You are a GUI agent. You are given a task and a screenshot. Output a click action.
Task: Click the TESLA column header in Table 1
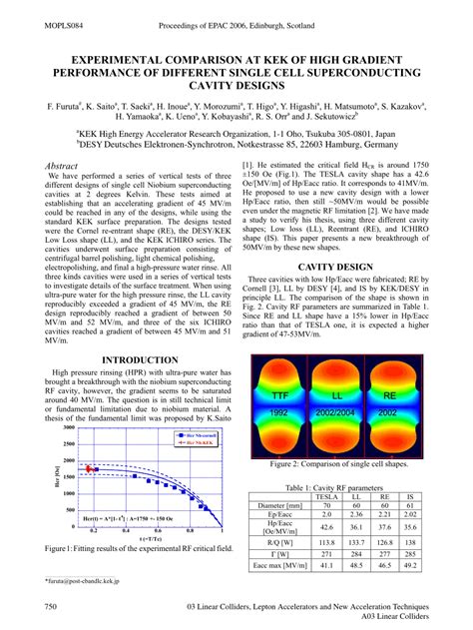coord(326,495)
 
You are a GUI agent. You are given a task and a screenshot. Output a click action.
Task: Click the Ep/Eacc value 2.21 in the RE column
coord(383,514)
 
